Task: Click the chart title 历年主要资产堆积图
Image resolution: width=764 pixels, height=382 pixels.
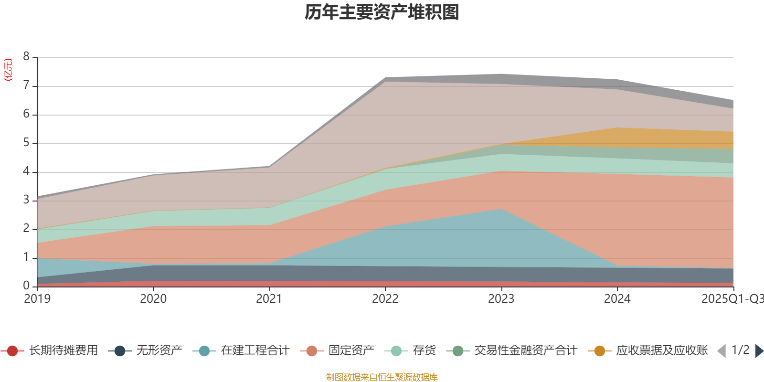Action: click(x=382, y=12)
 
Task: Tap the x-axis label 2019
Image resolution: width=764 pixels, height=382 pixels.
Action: click(x=37, y=299)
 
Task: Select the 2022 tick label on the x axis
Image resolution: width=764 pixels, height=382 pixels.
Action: click(x=385, y=299)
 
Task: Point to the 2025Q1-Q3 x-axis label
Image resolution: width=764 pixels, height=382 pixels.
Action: click(x=732, y=299)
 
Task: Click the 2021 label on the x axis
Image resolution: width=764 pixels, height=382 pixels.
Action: click(x=269, y=299)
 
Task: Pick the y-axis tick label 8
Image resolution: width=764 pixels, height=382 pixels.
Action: click(x=26, y=57)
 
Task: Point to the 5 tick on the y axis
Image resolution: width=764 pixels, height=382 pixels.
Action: click(x=26, y=143)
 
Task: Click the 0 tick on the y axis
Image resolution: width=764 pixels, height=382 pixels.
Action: click(x=26, y=286)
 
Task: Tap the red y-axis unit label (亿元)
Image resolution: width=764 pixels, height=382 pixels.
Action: click(x=8, y=70)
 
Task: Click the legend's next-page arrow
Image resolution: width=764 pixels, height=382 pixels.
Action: click(x=759, y=351)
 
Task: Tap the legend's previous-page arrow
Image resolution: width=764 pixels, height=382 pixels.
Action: click(x=722, y=351)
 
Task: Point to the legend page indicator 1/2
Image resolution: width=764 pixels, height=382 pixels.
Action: click(x=740, y=350)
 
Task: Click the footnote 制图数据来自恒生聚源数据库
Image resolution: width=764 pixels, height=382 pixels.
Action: click(x=382, y=377)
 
